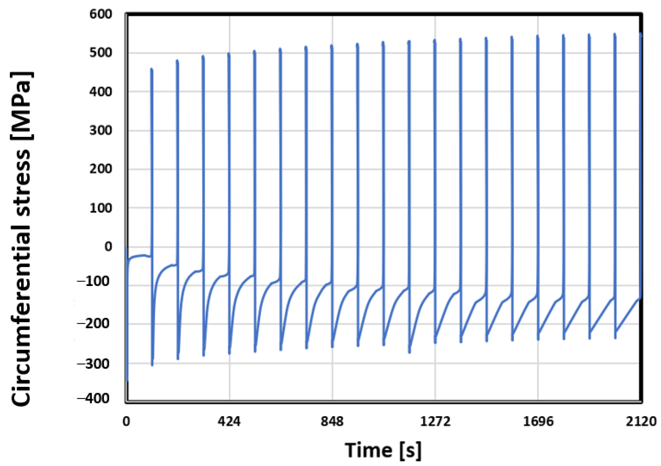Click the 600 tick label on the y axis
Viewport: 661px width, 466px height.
coord(100,14)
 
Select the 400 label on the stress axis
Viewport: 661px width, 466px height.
coord(100,92)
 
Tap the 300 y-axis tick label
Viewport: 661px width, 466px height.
coord(100,131)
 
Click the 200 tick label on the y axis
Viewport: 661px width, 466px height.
coord(100,169)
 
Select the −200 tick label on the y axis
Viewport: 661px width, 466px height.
coord(93,324)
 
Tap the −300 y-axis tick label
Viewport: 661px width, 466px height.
coord(93,364)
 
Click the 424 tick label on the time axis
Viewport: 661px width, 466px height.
coord(229,422)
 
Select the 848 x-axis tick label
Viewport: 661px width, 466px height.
coord(332,422)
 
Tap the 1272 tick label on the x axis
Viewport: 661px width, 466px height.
coord(435,422)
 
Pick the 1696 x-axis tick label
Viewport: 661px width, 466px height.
coord(538,422)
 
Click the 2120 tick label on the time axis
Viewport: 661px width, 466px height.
coord(641,422)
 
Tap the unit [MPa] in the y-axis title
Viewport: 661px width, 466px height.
coord(22,105)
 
